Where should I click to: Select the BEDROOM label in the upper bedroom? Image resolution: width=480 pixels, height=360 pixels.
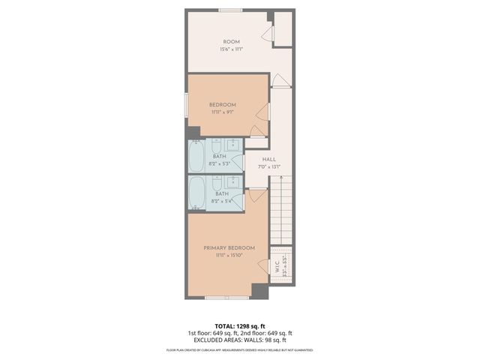tap(223, 104)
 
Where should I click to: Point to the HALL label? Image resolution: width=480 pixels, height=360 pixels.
tap(270, 159)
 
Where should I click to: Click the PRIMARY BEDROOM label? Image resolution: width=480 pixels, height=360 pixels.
tap(229, 247)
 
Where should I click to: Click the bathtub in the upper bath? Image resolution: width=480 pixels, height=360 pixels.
tap(196, 156)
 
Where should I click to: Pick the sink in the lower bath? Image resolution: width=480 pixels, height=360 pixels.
tap(234, 181)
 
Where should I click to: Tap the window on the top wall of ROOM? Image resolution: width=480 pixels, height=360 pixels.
tap(230, 10)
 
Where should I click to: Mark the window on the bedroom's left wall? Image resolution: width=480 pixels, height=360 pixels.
tap(187, 104)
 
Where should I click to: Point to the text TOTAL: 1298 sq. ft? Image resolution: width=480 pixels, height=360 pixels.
tap(240, 326)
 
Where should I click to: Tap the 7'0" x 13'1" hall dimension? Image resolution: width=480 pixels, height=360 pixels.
tap(270, 167)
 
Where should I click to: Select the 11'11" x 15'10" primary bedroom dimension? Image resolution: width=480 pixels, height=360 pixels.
tap(229, 256)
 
